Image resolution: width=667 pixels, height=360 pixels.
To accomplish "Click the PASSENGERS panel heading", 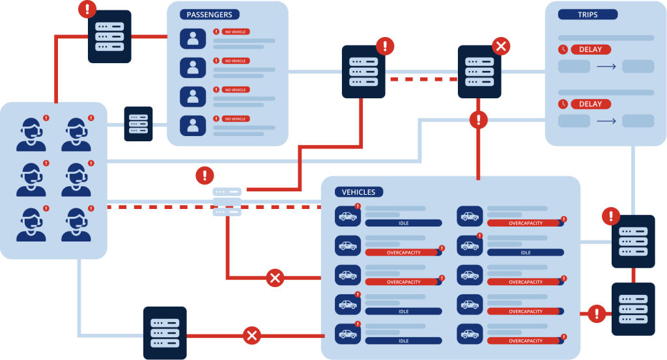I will coord(209,14).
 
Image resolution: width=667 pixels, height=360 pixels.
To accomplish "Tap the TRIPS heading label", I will coord(588,14).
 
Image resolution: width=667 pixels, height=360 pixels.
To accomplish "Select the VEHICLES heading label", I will coord(358,192).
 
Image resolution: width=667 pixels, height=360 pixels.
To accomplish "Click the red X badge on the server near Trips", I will coord(500,46).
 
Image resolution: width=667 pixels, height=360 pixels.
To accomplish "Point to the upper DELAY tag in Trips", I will coord(591,49).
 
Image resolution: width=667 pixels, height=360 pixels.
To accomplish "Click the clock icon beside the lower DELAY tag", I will coord(563,104).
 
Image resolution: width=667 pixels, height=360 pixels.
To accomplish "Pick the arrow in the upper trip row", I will coord(606,66).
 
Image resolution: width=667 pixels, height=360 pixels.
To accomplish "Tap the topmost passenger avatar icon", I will coord(193,38).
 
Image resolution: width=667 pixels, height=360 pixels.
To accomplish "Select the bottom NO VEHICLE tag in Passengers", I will coord(235,118).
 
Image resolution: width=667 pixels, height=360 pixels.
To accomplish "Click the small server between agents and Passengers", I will coord(138,124).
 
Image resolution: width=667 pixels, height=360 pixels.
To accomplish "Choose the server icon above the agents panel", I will coord(109,37).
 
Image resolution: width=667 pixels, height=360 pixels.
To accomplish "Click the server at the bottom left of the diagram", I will coord(165,332).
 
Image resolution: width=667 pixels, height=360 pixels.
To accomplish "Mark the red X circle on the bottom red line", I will coord(252,336).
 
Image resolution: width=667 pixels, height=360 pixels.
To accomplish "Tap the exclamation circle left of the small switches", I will coord(205,175).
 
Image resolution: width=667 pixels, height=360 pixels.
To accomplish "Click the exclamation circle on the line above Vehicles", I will coord(479,120).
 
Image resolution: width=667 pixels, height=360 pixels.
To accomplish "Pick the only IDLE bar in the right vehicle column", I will coord(525,252).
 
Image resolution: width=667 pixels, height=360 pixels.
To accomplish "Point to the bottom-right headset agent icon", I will coord(76,224).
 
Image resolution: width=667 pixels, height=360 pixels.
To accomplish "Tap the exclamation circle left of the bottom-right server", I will coord(597,314).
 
